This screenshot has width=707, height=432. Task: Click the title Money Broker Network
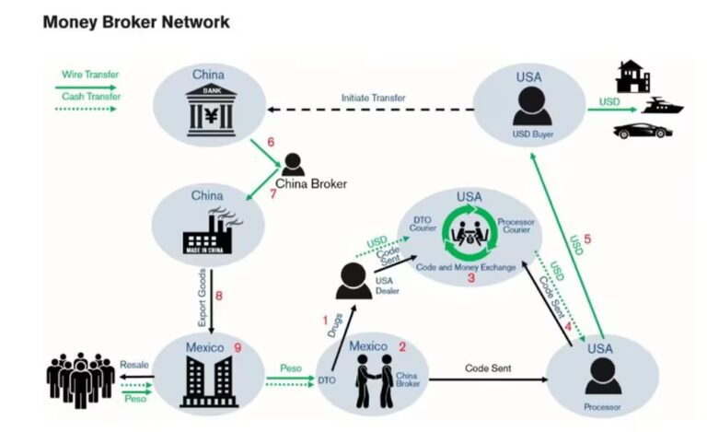pos(136,21)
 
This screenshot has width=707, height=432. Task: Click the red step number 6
pos(271,143)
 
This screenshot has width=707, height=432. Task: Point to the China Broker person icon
pos(294,165)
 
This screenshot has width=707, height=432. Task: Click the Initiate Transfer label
pos(373,98)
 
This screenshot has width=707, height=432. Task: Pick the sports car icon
pos(643,131)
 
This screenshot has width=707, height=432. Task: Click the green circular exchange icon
pos(470,236)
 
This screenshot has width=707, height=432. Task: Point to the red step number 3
pos(470,276)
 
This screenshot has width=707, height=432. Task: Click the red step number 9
pos(237,347)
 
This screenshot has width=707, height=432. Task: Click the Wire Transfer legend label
pos(90,74)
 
